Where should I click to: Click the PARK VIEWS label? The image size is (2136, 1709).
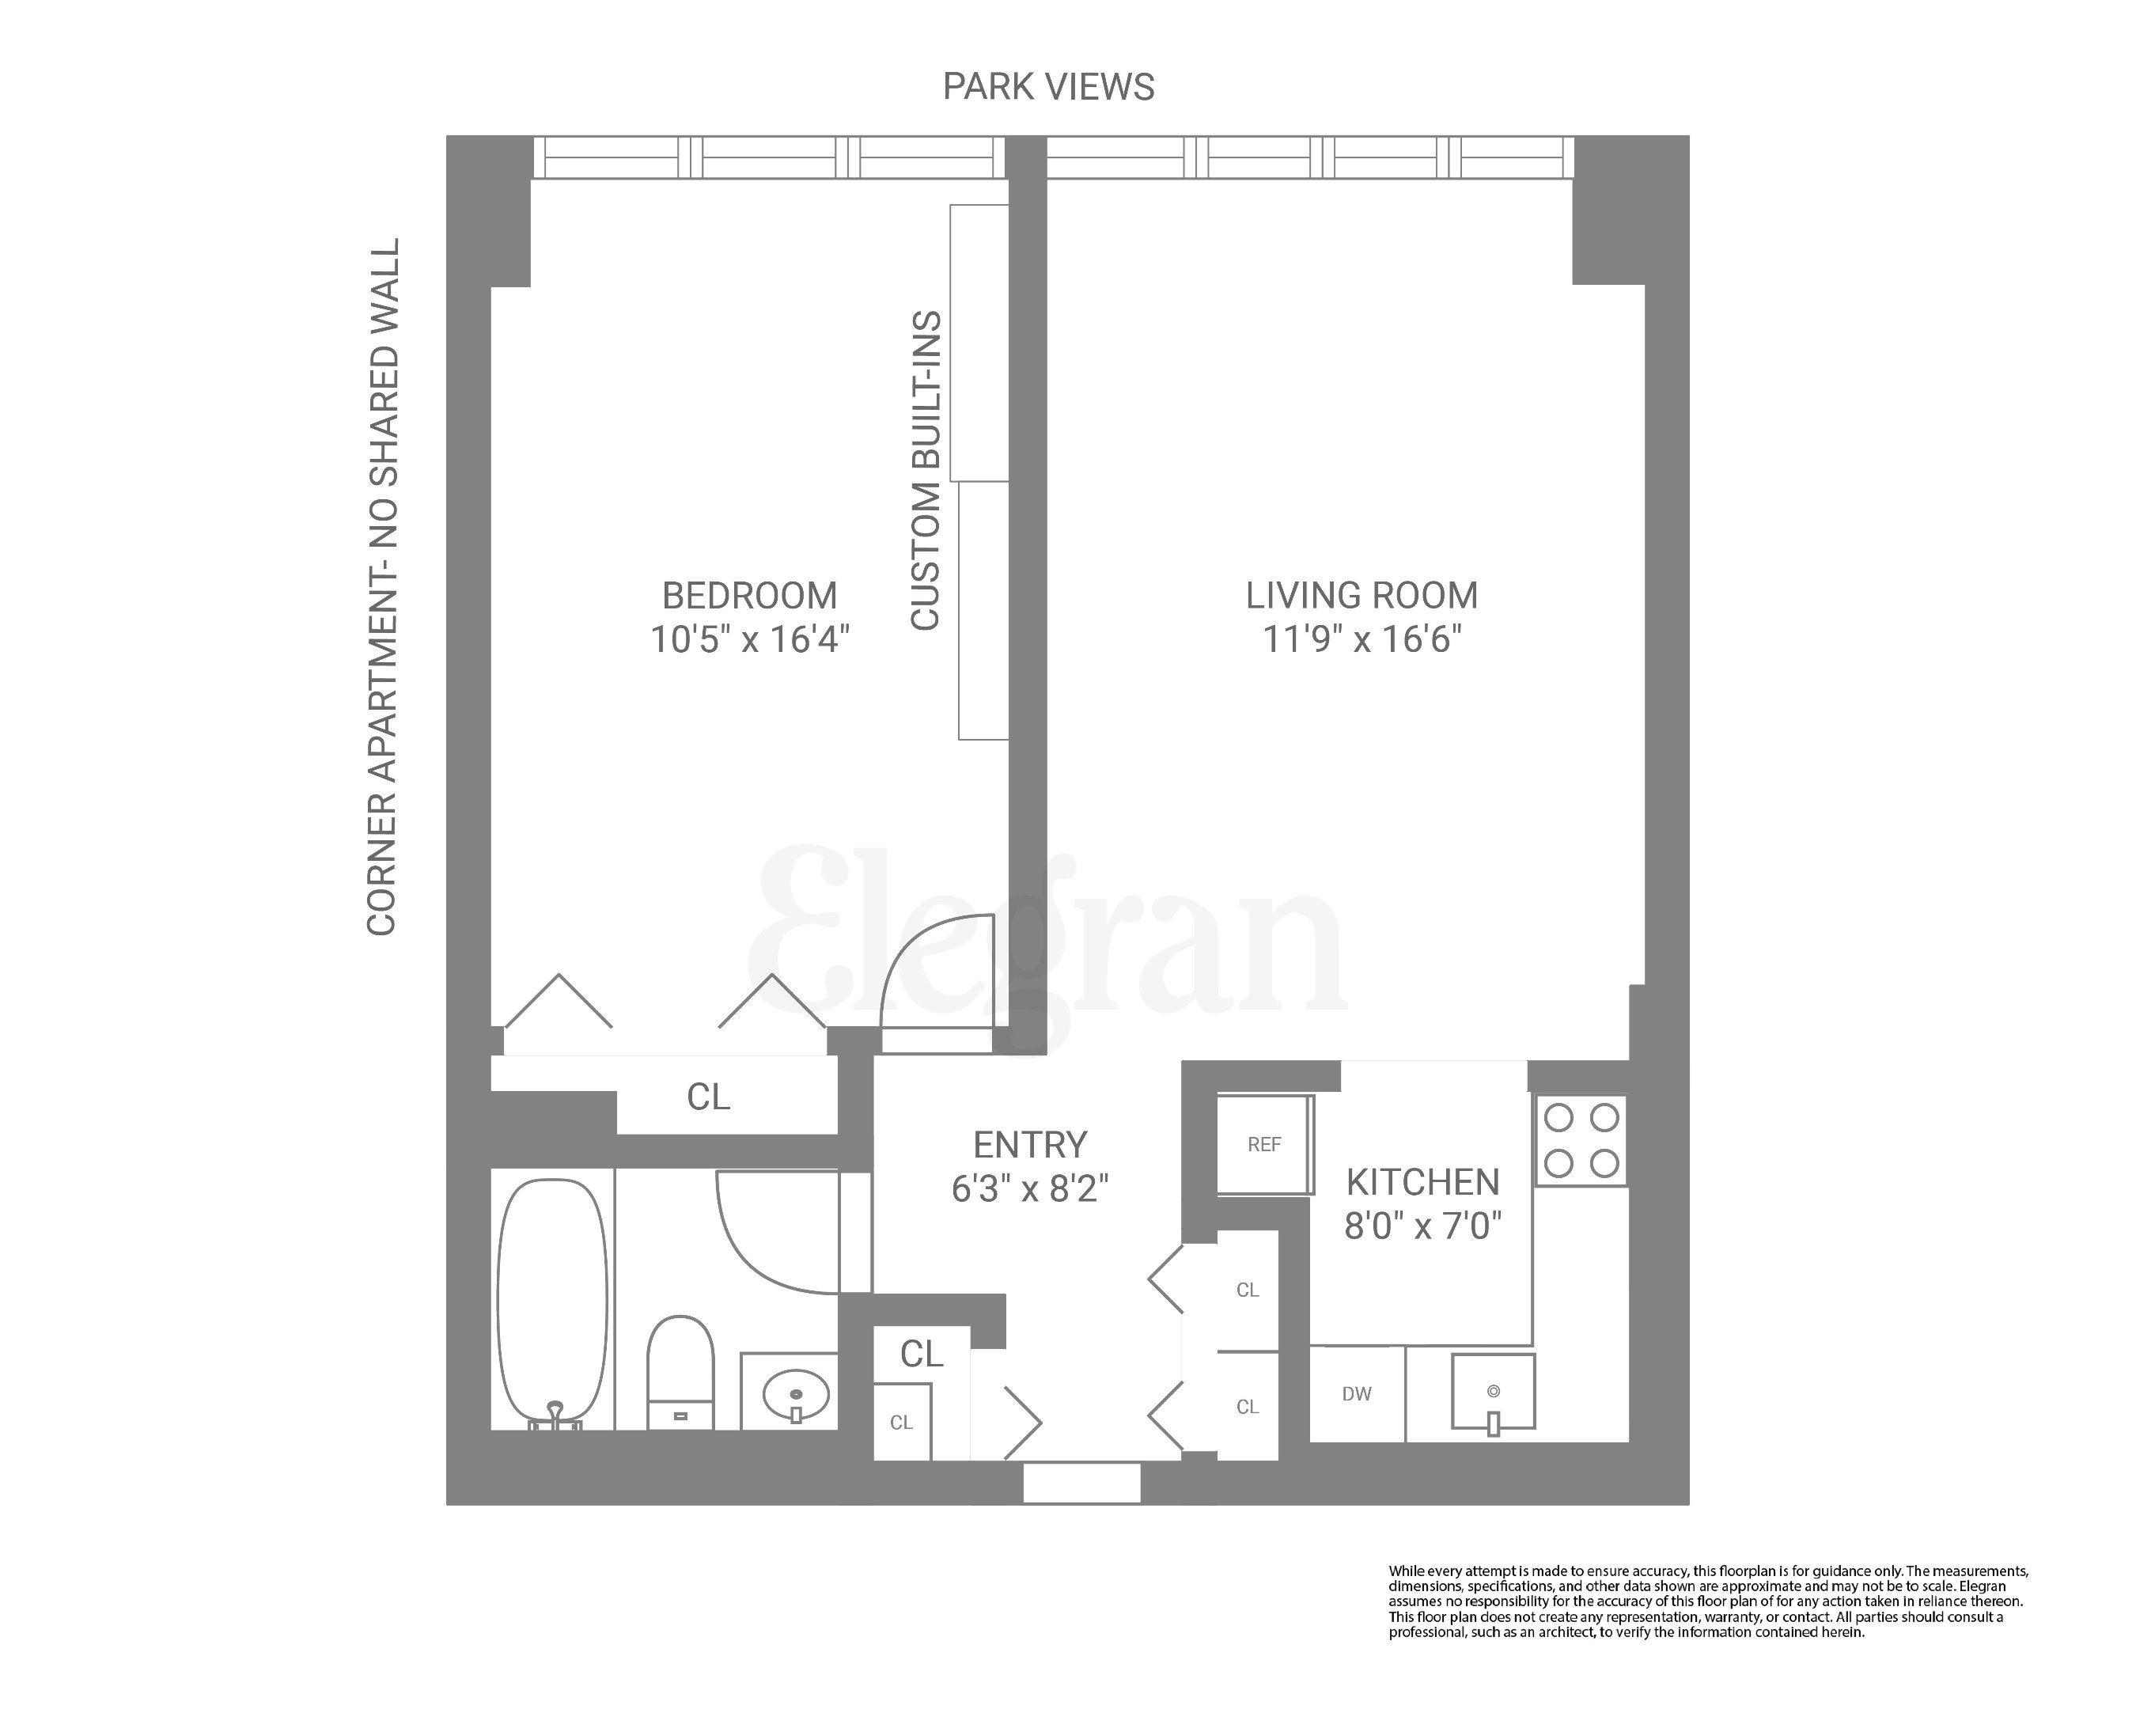(x=1047, y=87)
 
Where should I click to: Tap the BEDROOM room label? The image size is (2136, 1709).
(x=749, y=596)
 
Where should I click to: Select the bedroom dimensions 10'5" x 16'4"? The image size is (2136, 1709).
(x=749, y=639)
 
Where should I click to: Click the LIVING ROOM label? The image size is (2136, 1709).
(x=1362, y=596)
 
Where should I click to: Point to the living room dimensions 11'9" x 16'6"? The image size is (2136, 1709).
(x=1362, y=639)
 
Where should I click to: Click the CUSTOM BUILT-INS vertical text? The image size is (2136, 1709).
(x=926, y=471)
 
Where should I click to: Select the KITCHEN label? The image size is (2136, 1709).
(x=1422, y=1182)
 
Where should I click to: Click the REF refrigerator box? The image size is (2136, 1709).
(x=1264, y=1144)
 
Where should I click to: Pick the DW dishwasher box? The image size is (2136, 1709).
(x=1356, y=1394)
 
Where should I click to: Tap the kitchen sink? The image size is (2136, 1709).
(x=1493, y=1392)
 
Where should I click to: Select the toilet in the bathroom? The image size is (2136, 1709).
(x=680, y=1372)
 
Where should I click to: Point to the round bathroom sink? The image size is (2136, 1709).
(x=797, y=1394)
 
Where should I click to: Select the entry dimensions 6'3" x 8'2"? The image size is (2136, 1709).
(x=1029, y=1188)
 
